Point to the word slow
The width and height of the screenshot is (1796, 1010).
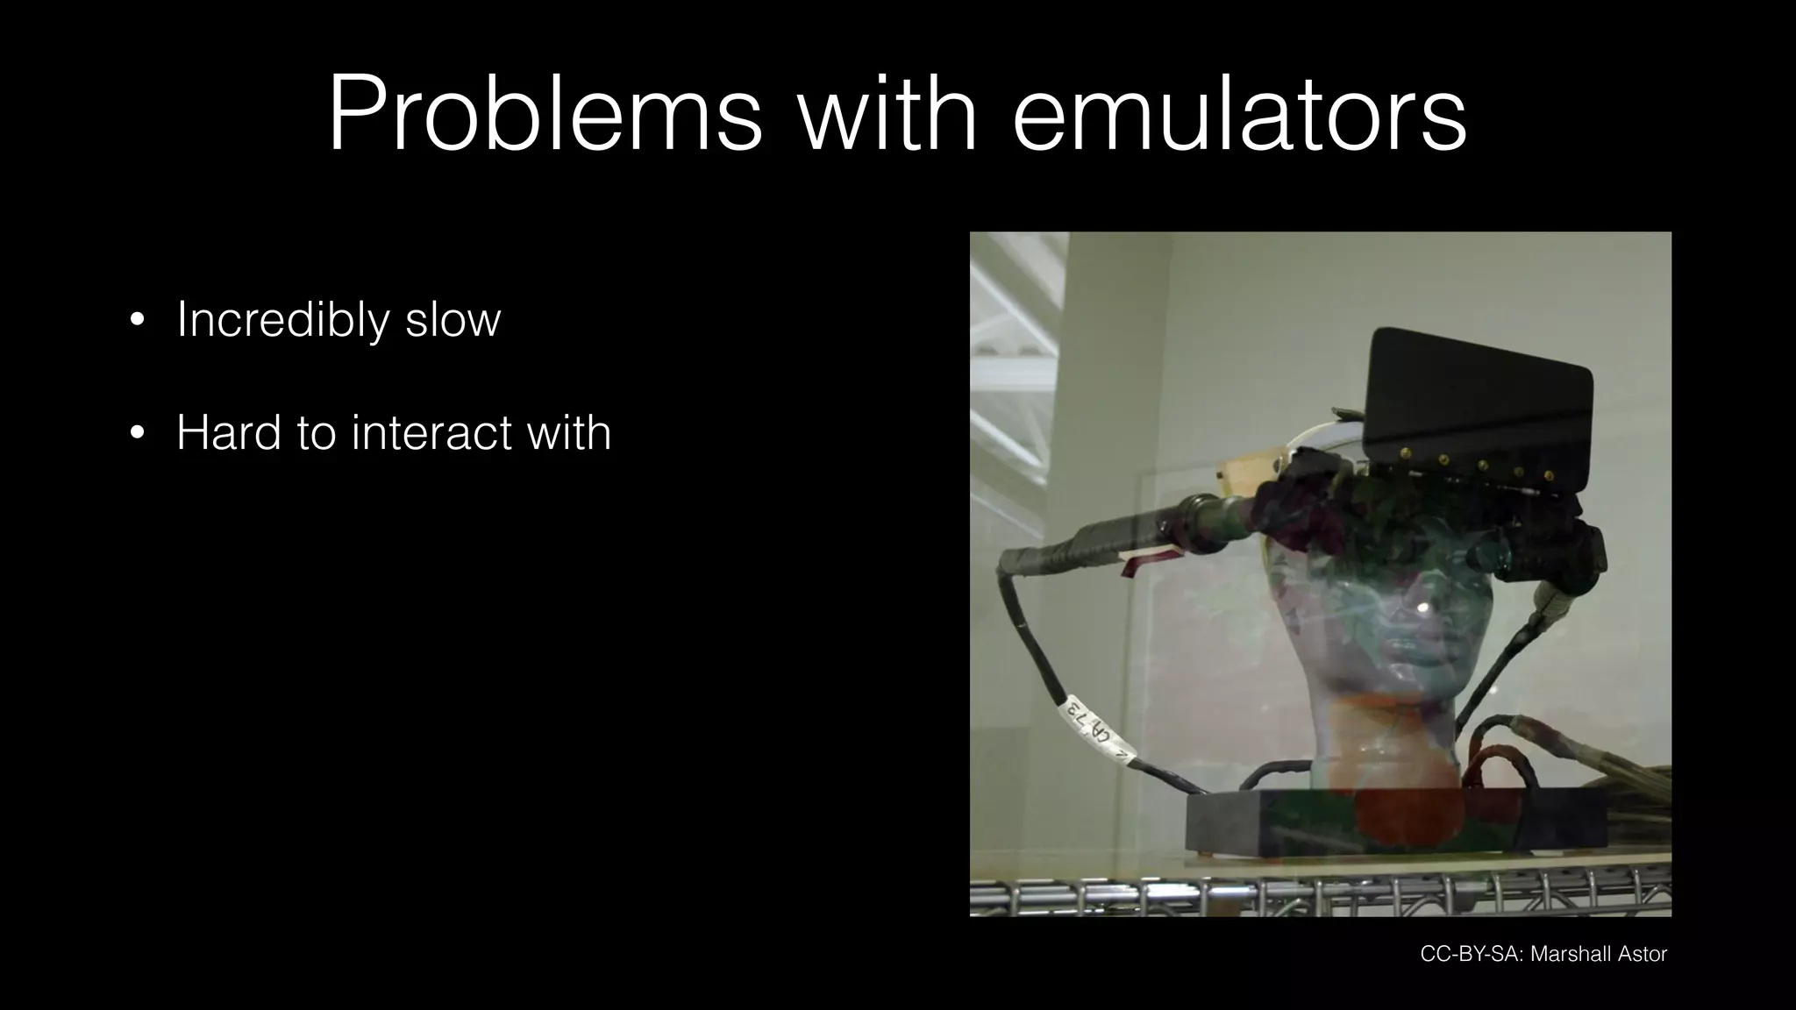pos(453,320)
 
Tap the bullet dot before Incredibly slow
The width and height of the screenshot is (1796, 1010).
pos(137,321)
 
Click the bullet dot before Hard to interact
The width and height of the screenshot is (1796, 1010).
pos(137,433)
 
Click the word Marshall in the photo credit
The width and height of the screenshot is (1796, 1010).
pos(1567,954)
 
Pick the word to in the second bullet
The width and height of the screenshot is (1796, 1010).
pos(316,432)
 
